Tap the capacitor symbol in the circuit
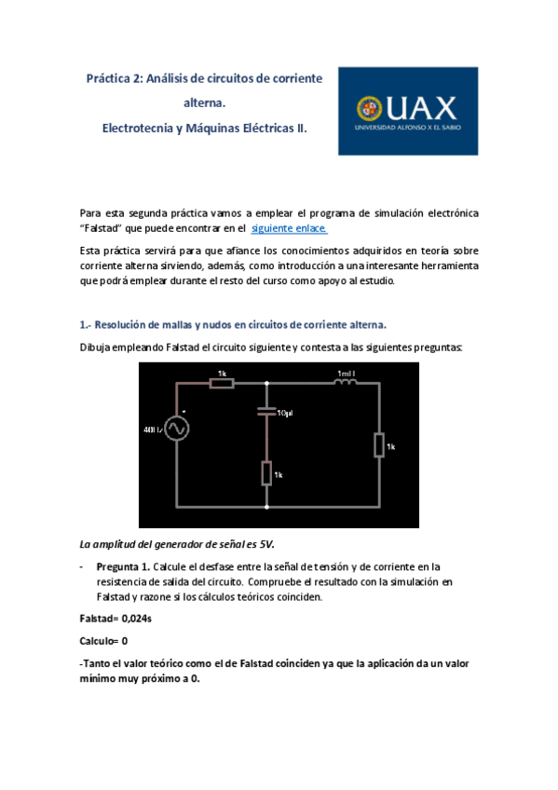[267, 410]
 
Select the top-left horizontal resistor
[221, 382]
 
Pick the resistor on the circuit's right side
[379, 445]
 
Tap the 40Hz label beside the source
[153, 429]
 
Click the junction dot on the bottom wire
[267, 508]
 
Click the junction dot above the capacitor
[267, 383]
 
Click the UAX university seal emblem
[360, 110]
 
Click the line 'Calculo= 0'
[103, 641]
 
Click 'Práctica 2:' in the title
[116, 79]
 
